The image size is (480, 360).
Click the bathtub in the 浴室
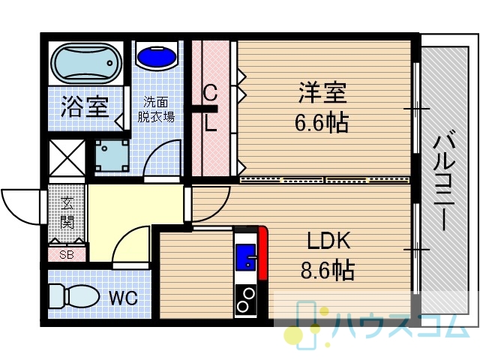[x=86, y=64]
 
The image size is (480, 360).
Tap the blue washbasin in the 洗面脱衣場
[x=157, y=56]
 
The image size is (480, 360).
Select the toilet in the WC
[x=74, y=296]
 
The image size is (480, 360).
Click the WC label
[x=123, y=297]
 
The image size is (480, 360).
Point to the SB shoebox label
[x=67, y=255]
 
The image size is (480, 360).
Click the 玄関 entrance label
[x=67, y=213]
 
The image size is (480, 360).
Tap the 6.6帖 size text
[x=322, y=122]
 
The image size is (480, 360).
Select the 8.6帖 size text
[x=328, y=270]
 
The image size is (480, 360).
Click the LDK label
[x=328, y=241]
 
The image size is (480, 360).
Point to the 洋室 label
[x=322, y=91]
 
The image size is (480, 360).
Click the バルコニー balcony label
[x=444, y=183]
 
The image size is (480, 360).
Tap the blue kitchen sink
[x=245, y=256]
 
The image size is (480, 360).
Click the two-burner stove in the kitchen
[x=246, y=301]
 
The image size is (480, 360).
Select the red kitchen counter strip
[x=263, y=253]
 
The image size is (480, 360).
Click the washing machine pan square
[x=112, y=155]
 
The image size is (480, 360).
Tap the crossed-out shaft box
[x=67, y=158]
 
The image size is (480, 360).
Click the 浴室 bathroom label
[x=85, y=106]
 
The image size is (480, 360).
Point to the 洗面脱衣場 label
[x=156, y=109]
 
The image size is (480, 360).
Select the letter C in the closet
[x=211, y=93]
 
